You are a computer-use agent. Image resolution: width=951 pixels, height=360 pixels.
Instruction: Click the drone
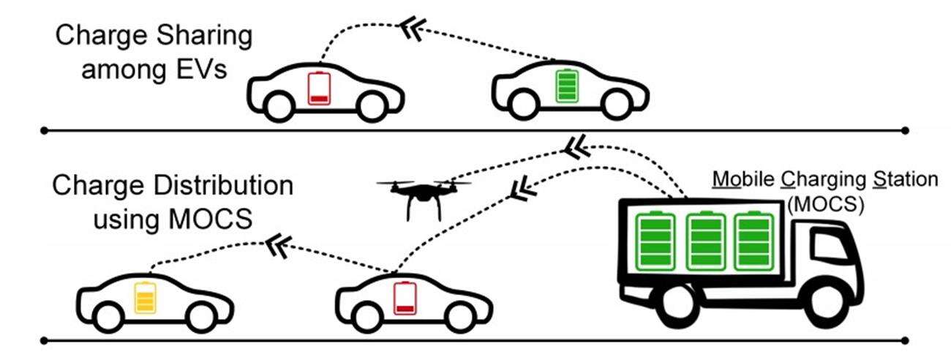coord(424,193)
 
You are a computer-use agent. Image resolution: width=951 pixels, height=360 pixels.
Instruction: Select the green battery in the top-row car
coord(566,85)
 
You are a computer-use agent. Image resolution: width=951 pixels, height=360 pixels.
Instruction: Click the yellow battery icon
coord(145,299)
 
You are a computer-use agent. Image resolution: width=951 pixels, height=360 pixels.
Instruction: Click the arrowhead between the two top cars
coord(410,27)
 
